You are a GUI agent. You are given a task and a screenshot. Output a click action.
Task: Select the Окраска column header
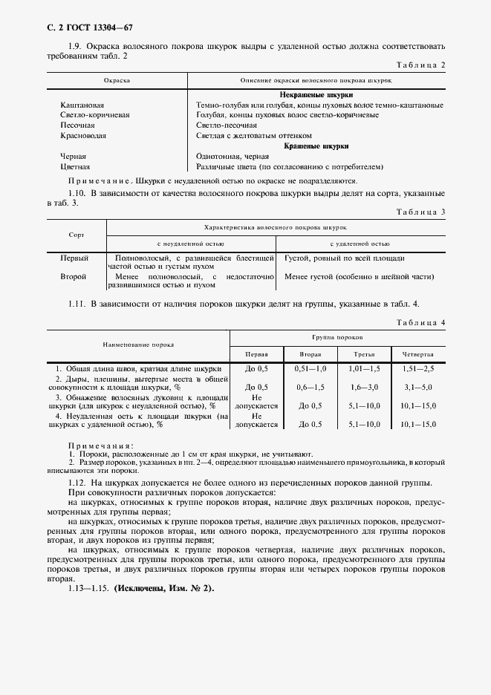click(118, 79)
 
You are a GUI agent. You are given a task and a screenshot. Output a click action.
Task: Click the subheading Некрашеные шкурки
click(316, 95)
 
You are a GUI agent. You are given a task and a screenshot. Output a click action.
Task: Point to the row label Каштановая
click(82, 105)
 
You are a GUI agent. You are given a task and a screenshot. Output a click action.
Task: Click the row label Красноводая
click(83, 136)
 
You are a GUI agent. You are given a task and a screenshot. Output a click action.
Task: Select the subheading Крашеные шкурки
click(316, 146)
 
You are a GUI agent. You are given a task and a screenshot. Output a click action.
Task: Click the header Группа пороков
click(336, 337)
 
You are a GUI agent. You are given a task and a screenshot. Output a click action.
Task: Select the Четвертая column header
click(417, 354)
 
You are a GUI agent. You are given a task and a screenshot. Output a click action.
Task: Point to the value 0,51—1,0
click(310, 368)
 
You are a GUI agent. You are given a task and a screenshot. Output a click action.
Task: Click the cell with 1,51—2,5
click(418, 368)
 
